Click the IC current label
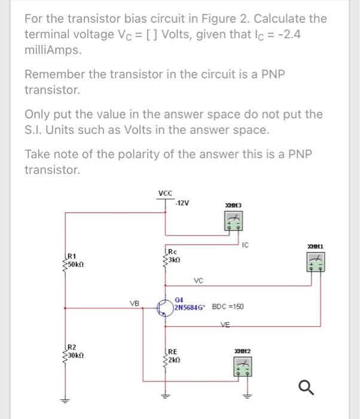point(246,243)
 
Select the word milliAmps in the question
point(51,50)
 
